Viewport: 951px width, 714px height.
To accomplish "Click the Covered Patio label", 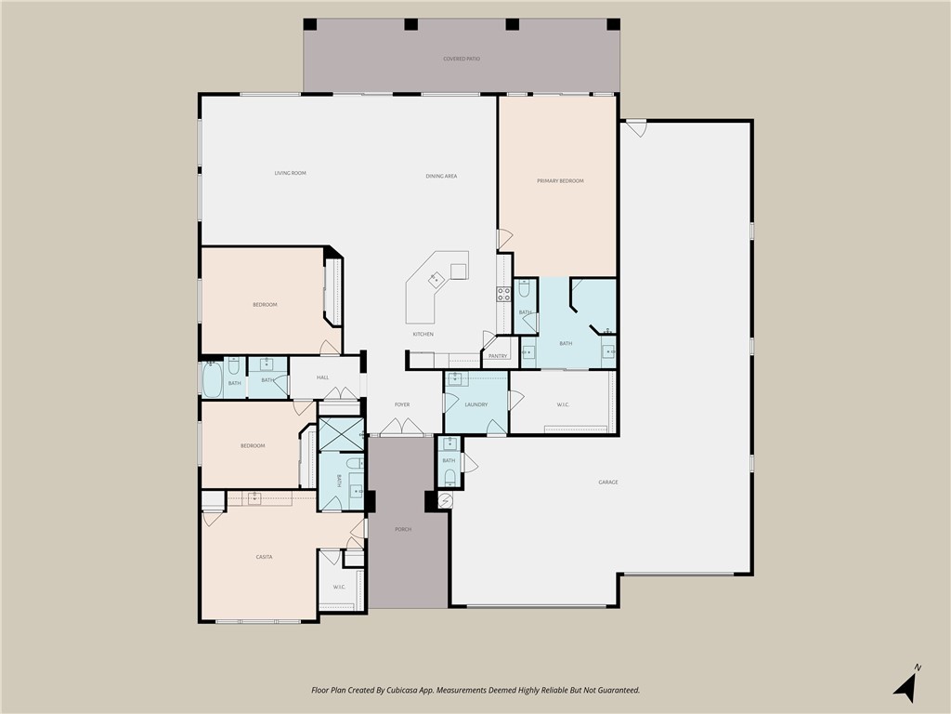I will pos(462,59).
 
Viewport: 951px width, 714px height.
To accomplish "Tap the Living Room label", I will pos(290,173).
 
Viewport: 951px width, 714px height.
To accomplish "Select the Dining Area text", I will pos(441,176).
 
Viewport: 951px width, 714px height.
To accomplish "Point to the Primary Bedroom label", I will pos(560,180).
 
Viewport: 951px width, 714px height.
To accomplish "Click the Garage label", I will pos(608,482).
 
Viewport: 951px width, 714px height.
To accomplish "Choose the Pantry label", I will pos(497,356).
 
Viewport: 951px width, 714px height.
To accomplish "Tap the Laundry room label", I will pos(476,404).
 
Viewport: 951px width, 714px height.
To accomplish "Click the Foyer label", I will pos(402,404).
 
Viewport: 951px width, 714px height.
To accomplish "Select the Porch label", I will pos(402,529).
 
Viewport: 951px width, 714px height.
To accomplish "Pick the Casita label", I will pos(264,557).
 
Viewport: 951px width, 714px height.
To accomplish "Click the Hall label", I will pos(322,377).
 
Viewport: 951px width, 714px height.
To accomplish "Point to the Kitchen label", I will pos(423,334).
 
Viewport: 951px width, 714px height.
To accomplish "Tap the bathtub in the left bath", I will pos(213,381).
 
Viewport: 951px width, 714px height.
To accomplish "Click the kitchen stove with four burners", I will pos(503,295).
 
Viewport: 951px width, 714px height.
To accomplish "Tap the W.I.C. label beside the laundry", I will pos(564,404).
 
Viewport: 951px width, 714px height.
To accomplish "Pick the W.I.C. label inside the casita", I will pos(339,587).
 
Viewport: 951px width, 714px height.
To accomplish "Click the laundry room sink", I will pos(457,378).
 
